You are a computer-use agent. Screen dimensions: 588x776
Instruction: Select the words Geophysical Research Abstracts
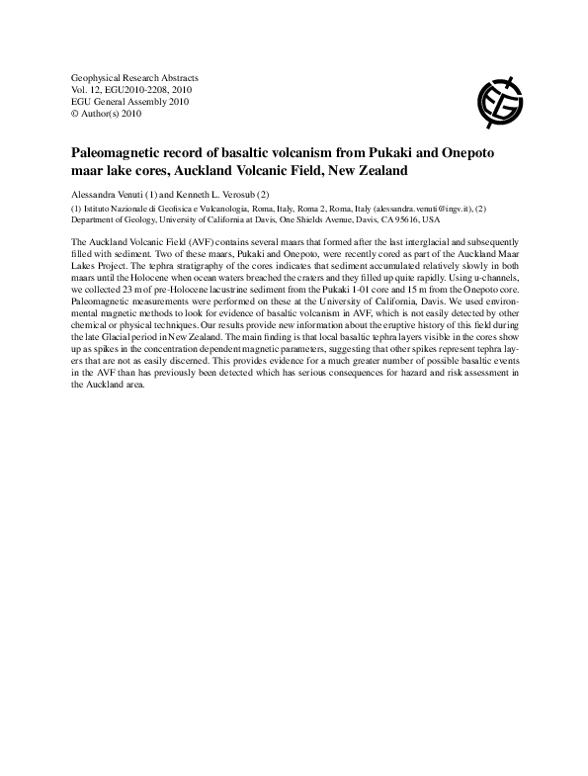[x=135, y=77]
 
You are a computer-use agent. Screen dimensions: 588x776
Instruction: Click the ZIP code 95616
[x=407, y=220]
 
